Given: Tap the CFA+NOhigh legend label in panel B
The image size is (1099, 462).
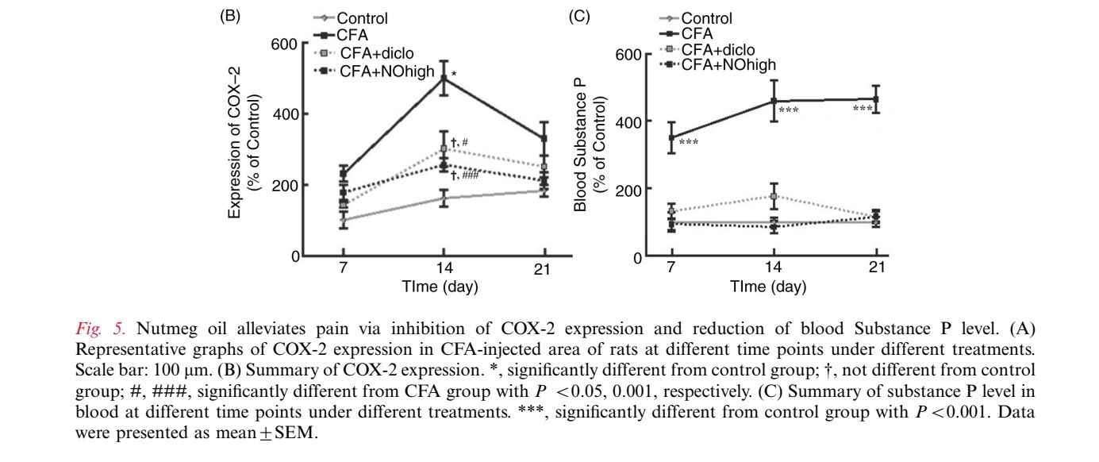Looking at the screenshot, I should [387, 71].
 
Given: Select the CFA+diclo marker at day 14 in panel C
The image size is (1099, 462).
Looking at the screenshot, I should [774, 196].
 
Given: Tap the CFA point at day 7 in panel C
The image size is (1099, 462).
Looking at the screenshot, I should [671, 137].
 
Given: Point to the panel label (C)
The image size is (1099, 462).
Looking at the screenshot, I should [578, 15].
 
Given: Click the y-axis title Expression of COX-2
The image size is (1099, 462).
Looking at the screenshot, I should [235, 143].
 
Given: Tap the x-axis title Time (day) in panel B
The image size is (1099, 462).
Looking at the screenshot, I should [440, 287].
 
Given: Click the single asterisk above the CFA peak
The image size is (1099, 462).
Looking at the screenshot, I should [454, 75].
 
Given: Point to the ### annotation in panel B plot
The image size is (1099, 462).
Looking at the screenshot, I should [470, 176].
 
